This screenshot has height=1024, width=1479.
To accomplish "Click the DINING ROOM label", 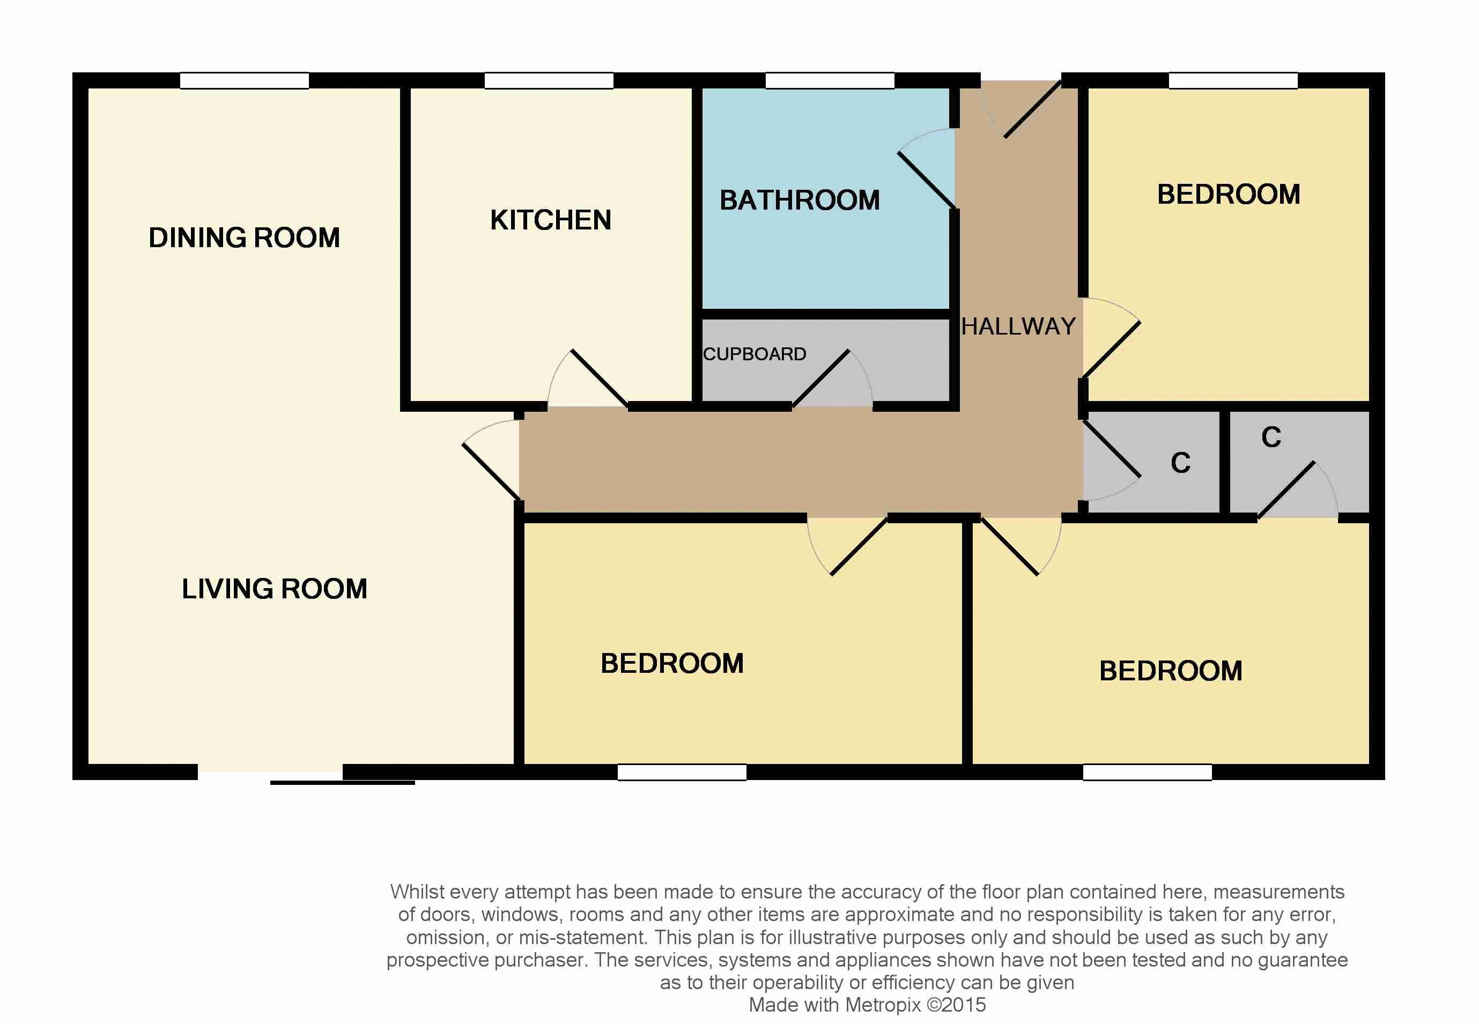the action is (244, 238).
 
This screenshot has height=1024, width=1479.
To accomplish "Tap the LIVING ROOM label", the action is (275, 588).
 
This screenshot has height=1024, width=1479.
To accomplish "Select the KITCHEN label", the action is (551, 220).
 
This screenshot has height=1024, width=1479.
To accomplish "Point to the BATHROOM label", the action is (800, 200).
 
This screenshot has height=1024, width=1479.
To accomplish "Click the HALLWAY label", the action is (1018, 327).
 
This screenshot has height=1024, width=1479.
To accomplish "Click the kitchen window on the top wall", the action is (549, 81).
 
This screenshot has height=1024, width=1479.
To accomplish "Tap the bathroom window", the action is (830, 81).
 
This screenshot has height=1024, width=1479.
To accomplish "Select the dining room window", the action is (245, 81).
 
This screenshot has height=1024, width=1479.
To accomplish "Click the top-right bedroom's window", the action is (1233, 81).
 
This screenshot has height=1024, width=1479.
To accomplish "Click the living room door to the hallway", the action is (491, 460).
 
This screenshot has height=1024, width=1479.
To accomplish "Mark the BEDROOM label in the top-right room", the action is (1229, 195).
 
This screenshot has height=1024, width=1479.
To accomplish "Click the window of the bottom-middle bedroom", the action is (682, 772).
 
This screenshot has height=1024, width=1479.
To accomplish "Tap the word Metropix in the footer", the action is (883, 1005).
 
